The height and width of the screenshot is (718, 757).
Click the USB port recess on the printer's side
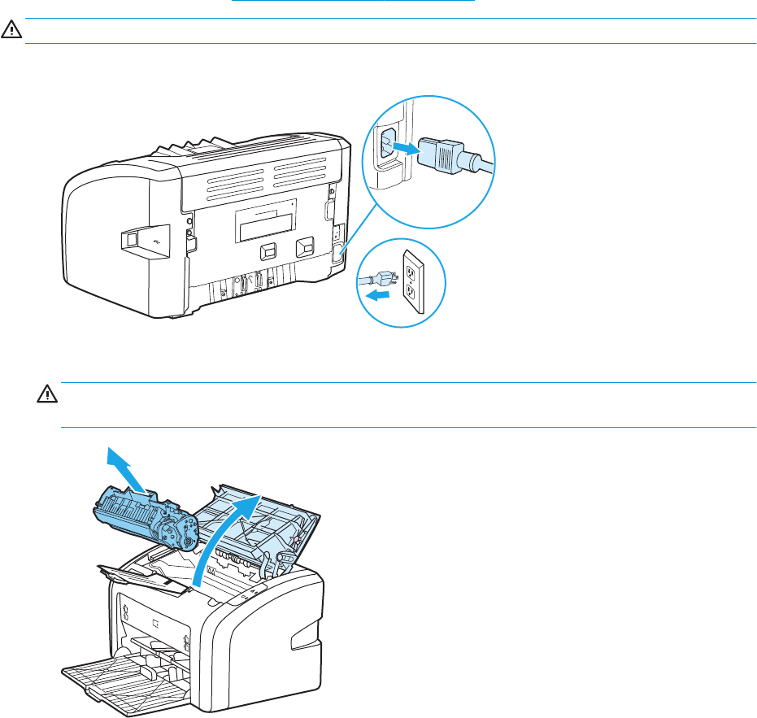131,239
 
